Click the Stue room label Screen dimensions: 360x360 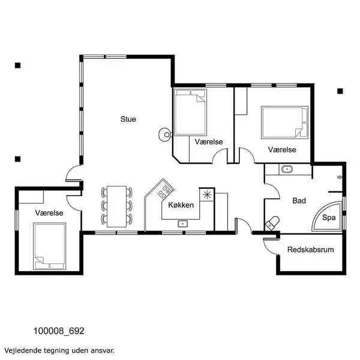(128, 119)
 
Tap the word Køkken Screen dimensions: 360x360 (181, 205)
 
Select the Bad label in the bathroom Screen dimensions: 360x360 (299, 201)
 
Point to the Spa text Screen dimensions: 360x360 (329, 218)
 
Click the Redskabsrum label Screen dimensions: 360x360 (310, 250)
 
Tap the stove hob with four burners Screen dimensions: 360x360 (162, 191)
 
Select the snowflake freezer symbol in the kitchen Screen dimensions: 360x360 (208, 194)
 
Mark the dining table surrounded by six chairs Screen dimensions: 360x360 (117, 206)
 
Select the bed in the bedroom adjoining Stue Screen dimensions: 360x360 (190, 112)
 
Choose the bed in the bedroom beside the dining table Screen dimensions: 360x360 (49, 246)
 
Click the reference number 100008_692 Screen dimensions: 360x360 (59, 331)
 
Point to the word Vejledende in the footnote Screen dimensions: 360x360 (23, 349)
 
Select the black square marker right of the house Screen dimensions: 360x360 (340, 91)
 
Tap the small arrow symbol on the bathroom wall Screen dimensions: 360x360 (340, 177)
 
